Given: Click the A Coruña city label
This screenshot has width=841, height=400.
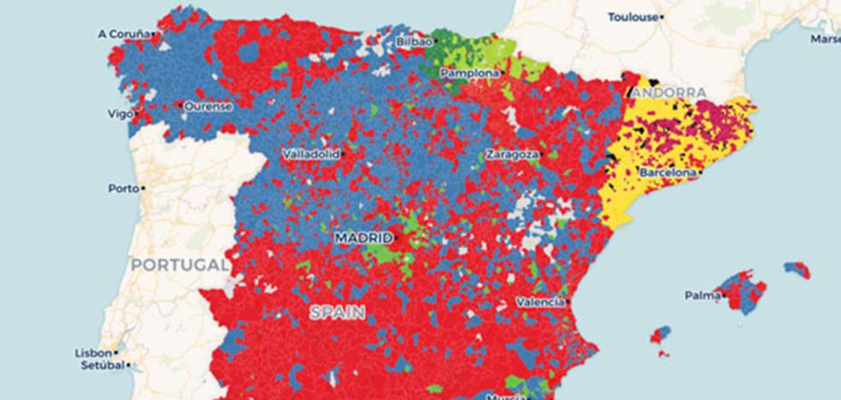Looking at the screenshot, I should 123,34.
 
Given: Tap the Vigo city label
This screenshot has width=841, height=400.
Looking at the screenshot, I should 119,113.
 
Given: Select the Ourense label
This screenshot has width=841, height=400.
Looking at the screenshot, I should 208,106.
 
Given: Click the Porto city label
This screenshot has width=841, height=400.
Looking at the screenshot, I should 123,188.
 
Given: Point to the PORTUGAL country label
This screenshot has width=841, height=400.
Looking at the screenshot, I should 179,265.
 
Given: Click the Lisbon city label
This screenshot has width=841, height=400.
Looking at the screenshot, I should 92,352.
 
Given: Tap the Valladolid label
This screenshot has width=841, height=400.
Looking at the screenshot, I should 310,154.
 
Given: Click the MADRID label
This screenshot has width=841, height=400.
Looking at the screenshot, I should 362,237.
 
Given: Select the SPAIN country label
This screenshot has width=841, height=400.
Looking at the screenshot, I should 337,313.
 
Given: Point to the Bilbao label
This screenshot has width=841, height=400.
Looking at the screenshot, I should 414,41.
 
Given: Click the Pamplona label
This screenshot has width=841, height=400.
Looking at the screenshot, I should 469,74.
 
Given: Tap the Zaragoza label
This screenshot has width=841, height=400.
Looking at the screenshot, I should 512,155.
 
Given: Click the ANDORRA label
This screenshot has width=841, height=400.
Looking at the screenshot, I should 670,92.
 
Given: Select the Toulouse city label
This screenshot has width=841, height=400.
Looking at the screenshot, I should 632,17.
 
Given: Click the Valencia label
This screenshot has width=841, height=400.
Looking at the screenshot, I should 539,302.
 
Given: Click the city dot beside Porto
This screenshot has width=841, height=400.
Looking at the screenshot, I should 143,188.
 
